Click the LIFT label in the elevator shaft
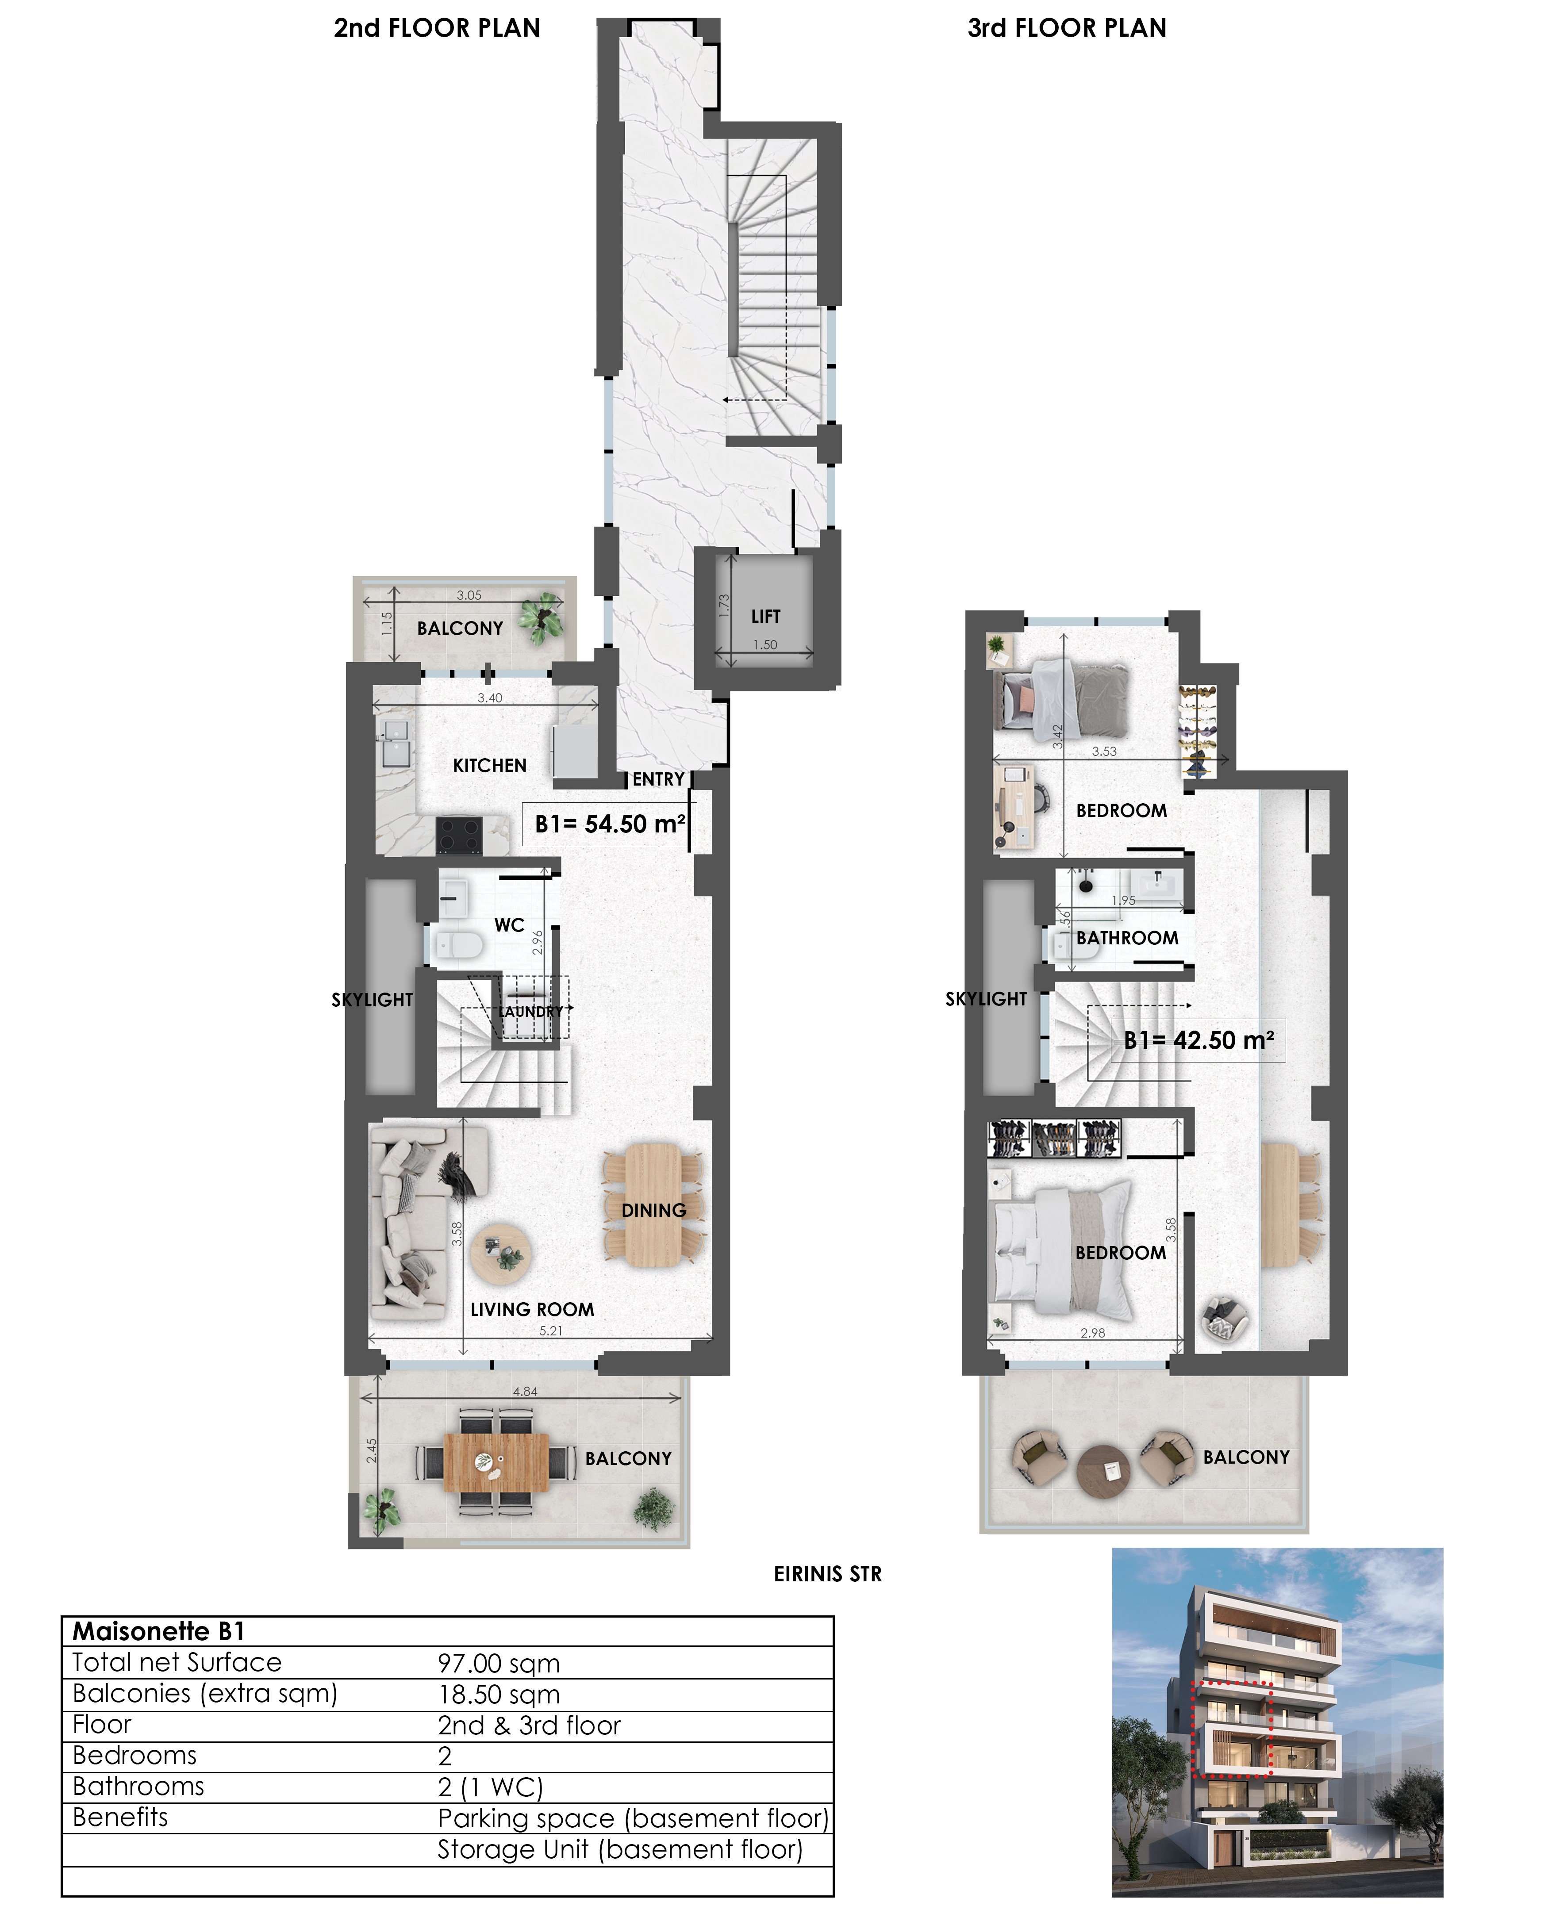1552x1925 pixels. (765, 617)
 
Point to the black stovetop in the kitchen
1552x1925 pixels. (459, 836)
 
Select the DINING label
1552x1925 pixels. (653, 1210)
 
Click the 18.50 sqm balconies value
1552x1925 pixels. (499, 1695)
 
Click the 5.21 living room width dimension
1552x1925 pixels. (551, 1331)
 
